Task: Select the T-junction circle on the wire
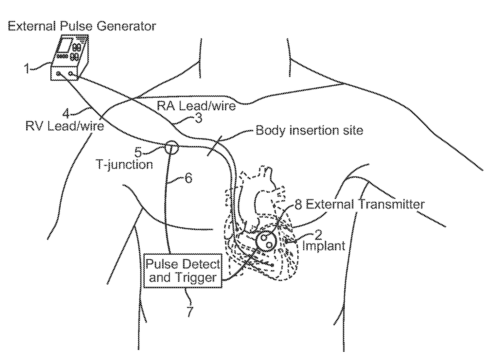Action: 170,147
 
